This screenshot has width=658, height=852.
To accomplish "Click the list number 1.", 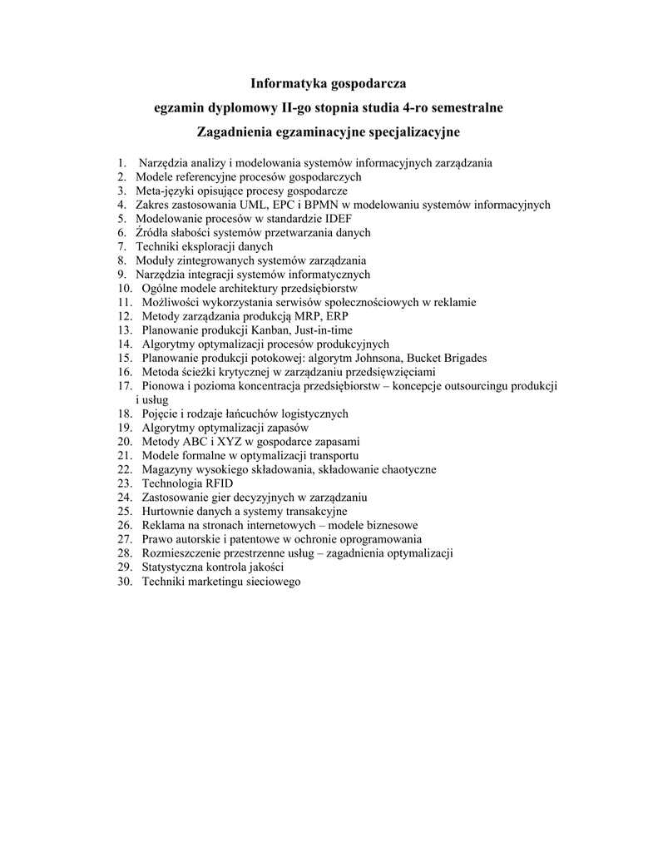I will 121,163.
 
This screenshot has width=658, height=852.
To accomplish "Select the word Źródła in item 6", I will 152,233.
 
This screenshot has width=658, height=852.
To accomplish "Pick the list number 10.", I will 125,289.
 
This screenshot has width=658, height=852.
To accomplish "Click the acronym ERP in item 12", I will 338,317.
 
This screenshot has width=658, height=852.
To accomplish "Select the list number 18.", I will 125,414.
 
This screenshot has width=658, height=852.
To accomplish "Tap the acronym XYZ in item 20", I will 230,442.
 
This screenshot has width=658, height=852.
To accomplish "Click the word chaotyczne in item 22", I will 406,470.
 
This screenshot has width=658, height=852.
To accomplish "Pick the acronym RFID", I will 218,483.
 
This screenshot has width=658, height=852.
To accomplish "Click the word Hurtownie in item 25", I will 168,512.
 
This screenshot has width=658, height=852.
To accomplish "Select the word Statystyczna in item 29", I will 176,567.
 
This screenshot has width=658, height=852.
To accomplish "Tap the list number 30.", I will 125,582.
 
